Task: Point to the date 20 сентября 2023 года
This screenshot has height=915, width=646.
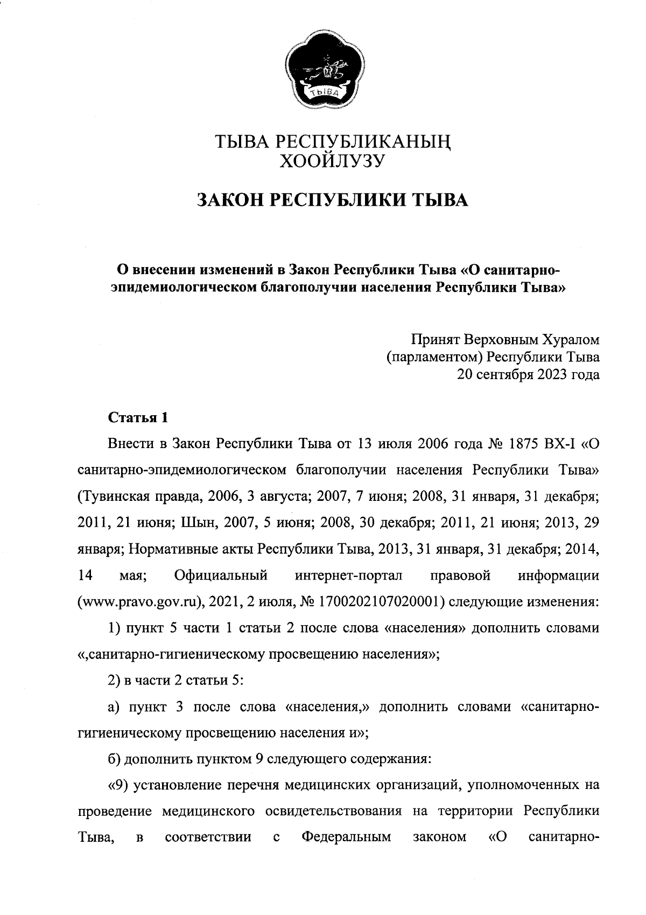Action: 528,374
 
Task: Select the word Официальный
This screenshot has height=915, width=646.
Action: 221,575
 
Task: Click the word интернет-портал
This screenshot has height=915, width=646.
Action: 349,575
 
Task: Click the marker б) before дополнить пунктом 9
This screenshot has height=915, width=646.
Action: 114,759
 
